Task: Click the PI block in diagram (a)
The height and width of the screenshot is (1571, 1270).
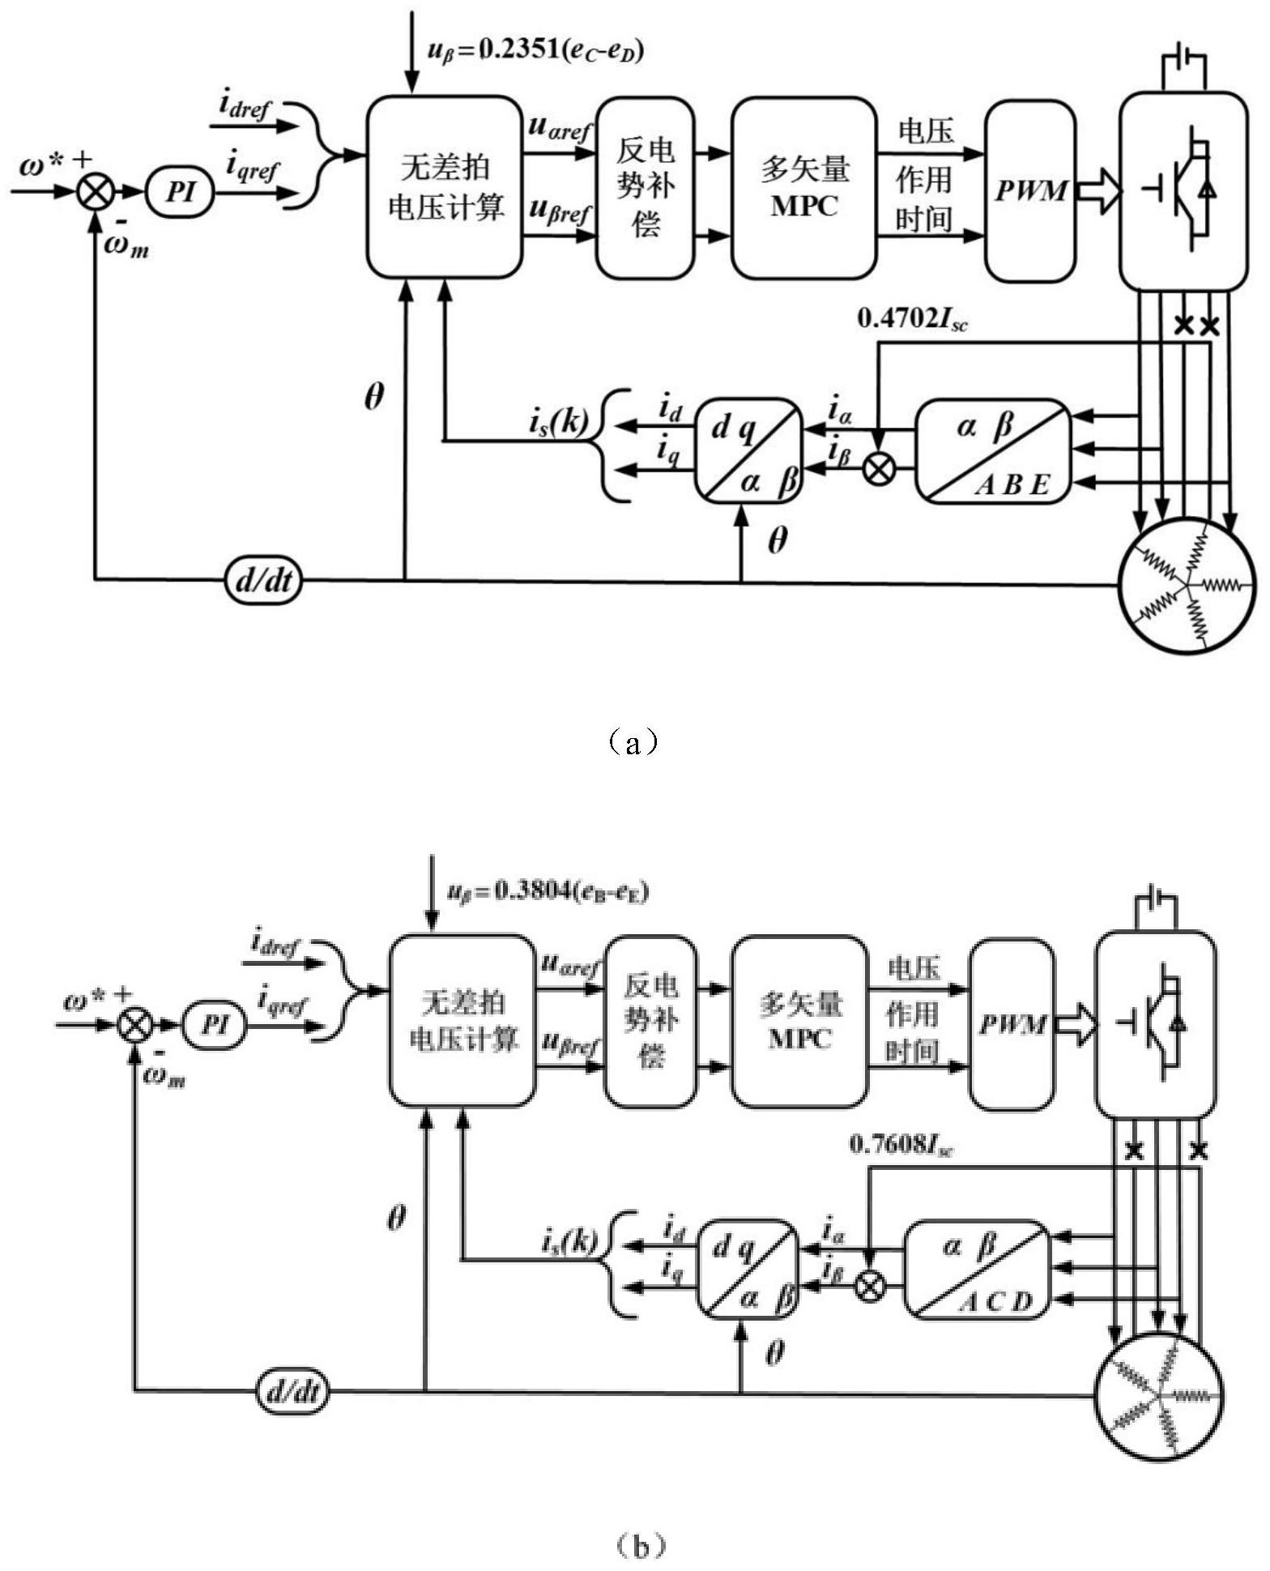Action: pyautogui.click(x=180, y=193)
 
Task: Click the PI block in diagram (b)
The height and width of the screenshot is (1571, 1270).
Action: pyautogui.click(x=214, y=1025)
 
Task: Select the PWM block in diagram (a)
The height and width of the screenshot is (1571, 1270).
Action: pyautogui.click(x=1030, y=191)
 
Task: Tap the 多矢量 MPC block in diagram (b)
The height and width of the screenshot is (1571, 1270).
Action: pyautogui.click(x=800, y=1022)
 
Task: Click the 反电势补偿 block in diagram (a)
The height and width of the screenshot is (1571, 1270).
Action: pyautogui.click(x=645, y=188)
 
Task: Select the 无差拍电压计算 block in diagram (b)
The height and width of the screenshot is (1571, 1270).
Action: pyautogui.click(x=462, y=1022)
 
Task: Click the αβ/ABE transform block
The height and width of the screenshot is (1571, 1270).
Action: pyautogui.click(x=993, y=451)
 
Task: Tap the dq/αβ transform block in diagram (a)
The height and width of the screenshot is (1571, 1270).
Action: pyautogui.click(x=748, y=450)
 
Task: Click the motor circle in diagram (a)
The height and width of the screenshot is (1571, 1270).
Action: pyautogui.click(x=1186, y=583)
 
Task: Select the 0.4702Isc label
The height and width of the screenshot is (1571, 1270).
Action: pyautogui.click(x=912, y=319)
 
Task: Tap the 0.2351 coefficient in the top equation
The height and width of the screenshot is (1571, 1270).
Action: pyautogui.click(x=517, y=50)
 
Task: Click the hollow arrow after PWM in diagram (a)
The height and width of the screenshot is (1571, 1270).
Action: pyautogui.click(x=1099, y=193)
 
